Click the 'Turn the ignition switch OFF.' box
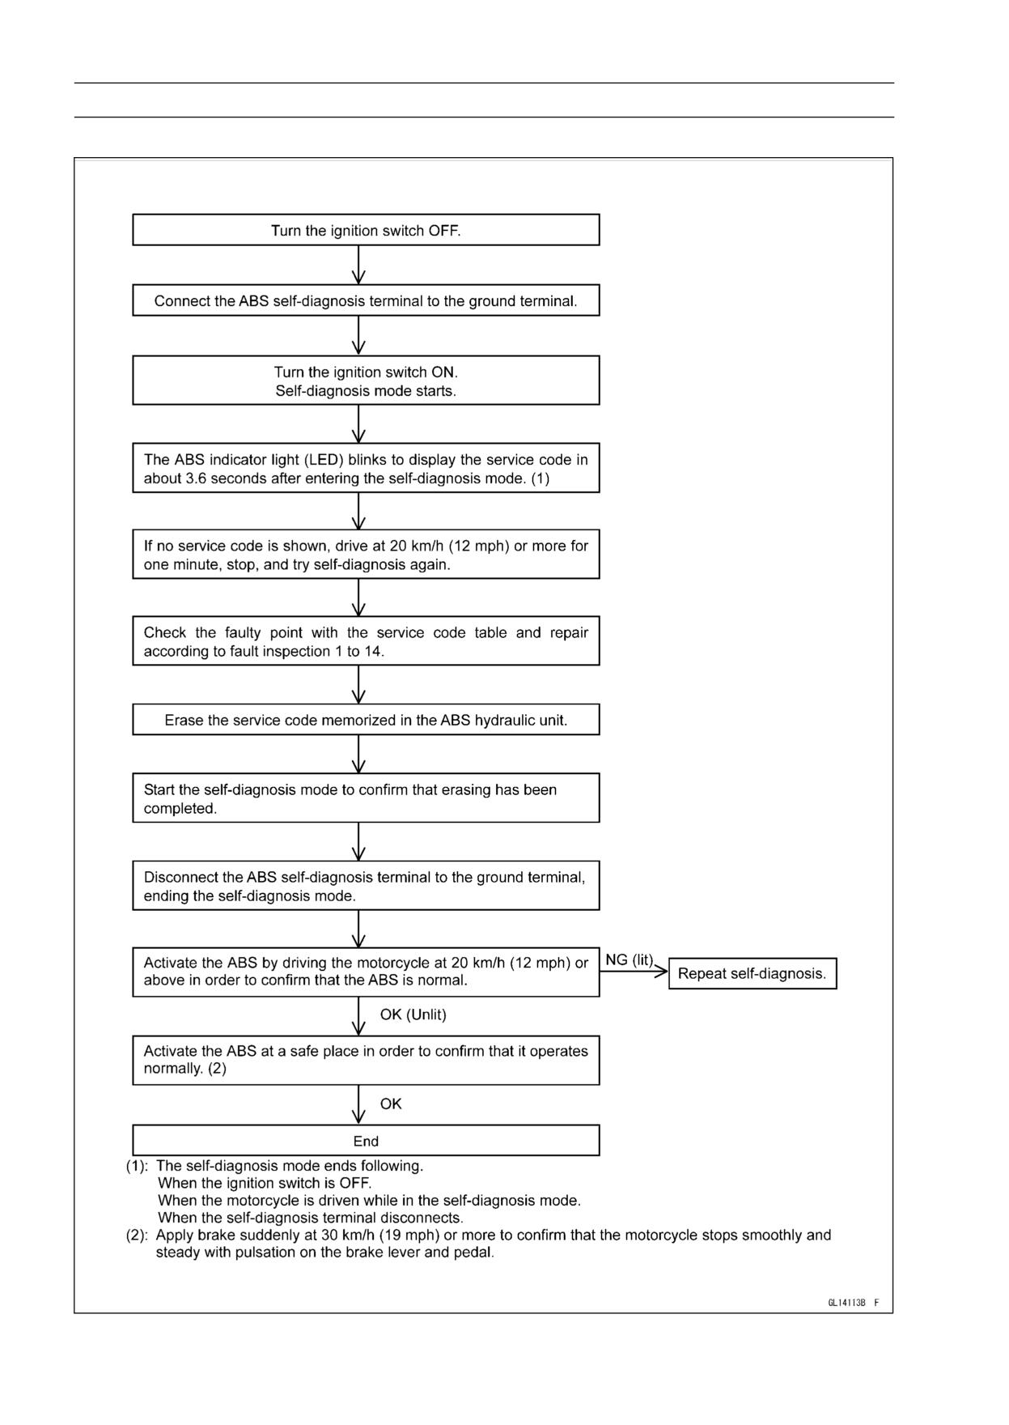click(x=366, y=230)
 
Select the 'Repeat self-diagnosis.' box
click(x=753, y=973)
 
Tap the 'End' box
click(x=366, y=1140)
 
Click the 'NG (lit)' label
click(x=630, y=960)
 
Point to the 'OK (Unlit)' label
click(x=413, y=1015)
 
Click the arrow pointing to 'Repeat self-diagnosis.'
click(x=634, y=972)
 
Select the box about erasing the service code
click(x=366, y=720)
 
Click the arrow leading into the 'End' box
click(x=359, y=1104)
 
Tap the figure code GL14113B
click(x=847, y=1303)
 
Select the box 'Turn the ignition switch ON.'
click(x=366, y=380)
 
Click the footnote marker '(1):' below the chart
click(x=137, y=1166)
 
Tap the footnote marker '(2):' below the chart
click(x=137, y=1236)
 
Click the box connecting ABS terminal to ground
click(x=366, y=300)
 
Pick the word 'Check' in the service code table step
click(x=164, y=633)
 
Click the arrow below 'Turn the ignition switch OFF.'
click(x=359, y=265)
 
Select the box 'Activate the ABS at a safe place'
click(x=366, y=1060)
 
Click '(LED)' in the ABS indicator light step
click(x=324, y=460)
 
